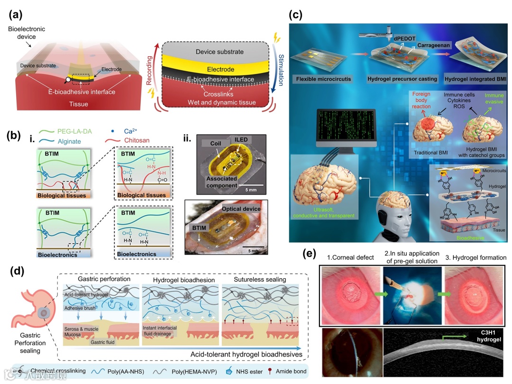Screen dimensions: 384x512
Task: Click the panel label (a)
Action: click(x=18, y=15)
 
